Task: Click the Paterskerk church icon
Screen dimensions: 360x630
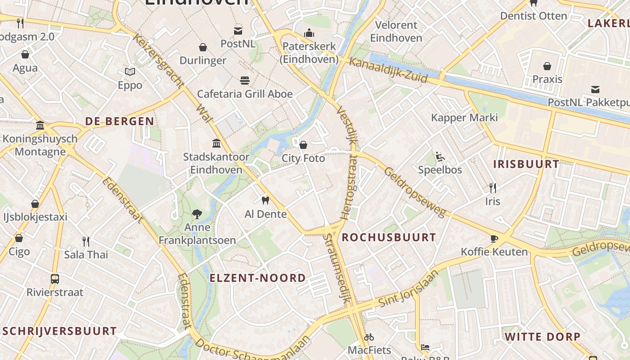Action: pyautogui.click(x=309, y=33)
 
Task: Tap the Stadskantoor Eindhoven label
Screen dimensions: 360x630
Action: pyautogui.click(x=216, y=163)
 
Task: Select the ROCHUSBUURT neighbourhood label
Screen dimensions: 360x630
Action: pyautogui.click(x=389, y=238)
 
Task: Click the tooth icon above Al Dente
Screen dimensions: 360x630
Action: pyautogui.click(x=265, y=200)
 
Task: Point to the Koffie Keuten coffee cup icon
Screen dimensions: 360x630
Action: pyautogui.click(x=494, y=238)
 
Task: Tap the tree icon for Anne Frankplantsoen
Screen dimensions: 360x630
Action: pyautogui.click(x=197, y=214)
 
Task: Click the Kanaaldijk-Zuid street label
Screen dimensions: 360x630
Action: pyautogui.click(x=388, y=70)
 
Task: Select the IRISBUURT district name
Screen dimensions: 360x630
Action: pyautogui.click(x=526, y=164)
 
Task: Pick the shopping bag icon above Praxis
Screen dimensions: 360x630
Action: pyautogui.click(x=547, y=66)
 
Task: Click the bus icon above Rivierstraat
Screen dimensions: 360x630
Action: pyautogui.click(x=55, y=279)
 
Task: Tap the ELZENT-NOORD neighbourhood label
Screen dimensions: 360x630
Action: pyautogui.click(x=257, y=278)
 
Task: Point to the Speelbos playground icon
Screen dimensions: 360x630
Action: pyautogui.click(x=440, y=157)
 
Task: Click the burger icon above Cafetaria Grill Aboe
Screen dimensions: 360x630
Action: pyautogui.click(x=245, y=81)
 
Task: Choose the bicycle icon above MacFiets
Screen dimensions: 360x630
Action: pyautogui.click(x=369, y=337)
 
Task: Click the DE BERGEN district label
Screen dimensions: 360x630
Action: pyautogui.click(x=120, y=121)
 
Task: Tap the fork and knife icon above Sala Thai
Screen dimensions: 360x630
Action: pyautogui.click(x=86, y=242)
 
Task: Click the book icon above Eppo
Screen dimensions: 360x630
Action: pyautogui.click(x=130, y=72)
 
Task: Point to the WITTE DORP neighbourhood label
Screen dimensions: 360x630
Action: pyautogui.click(x=542, y=337)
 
